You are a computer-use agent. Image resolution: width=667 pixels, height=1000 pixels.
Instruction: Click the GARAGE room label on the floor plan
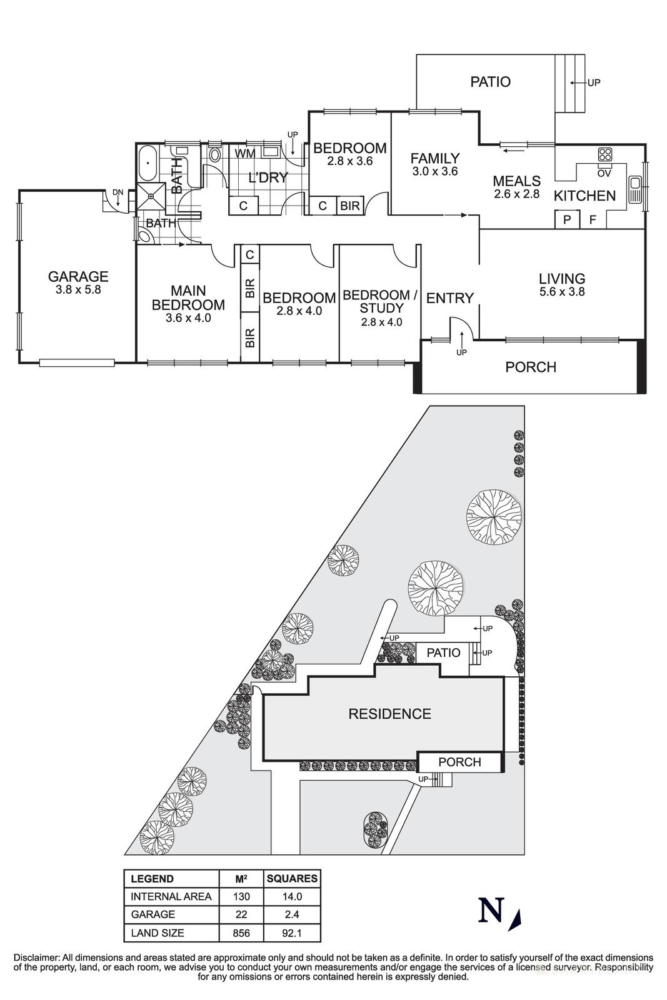78,276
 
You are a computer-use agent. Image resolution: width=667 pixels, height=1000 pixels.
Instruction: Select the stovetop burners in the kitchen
604,154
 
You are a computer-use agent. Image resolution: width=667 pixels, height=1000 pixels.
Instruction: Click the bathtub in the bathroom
148,163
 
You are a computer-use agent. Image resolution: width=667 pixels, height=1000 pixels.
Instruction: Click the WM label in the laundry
244,153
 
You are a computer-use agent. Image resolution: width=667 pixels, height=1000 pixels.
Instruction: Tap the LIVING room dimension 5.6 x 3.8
562,291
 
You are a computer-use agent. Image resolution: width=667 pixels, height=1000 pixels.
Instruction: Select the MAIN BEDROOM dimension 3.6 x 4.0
188,317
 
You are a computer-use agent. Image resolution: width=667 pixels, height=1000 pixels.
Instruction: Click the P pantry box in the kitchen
568,220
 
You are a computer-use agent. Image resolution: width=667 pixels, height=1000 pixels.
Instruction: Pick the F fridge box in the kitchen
593,220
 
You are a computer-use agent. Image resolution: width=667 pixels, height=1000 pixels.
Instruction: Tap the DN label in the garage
118,192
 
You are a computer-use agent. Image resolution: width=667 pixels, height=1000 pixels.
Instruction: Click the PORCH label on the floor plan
531,367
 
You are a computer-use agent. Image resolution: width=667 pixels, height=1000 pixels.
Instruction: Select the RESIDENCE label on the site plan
389,714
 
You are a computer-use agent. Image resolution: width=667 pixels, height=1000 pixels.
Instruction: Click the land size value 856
241,933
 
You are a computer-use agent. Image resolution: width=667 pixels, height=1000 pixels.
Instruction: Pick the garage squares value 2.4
292,914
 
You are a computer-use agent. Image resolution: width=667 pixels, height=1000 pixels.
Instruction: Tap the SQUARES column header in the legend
292,878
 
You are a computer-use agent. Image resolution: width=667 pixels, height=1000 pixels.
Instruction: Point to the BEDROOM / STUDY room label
379,301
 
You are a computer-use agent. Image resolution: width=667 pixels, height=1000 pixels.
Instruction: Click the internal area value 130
241,896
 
